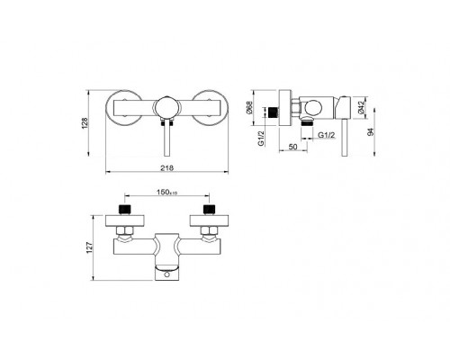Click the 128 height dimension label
(85, 123)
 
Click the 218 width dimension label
(166, 168)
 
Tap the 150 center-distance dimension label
(166, 192)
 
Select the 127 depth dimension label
(90, 248)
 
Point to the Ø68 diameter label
(249, 107)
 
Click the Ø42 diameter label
(361, 107)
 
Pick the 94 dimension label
(371, 132)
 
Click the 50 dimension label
(292, 147)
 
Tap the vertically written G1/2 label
(261, 139)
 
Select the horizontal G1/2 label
(327, 135)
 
